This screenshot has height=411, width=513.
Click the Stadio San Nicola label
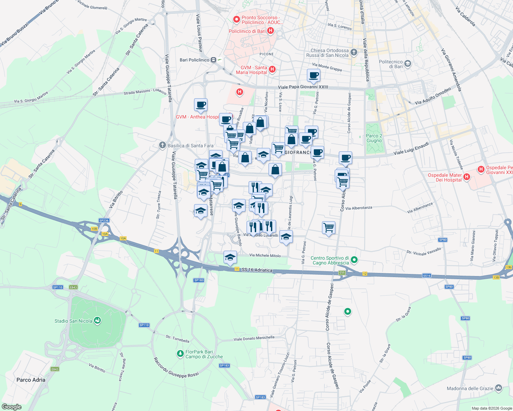tap(73, 321)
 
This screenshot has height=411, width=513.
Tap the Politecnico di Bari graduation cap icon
tap(408, 63)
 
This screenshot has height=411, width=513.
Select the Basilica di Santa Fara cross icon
tap(163, 145)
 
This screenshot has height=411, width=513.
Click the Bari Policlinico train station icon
tap(214, 60)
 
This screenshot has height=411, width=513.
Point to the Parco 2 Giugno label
tap(374, 138)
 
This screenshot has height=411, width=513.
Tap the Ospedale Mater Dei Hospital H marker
tap(466, 177)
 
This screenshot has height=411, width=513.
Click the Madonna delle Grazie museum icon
tap(499, 388)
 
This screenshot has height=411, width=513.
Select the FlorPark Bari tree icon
tap(180, 353)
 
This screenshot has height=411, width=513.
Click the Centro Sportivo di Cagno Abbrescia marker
tap(355, 260)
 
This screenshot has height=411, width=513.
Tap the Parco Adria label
tap(31, 379)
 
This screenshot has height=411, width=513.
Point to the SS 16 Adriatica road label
tap(257, 270)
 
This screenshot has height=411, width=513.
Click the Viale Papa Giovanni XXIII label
tap(303, 87)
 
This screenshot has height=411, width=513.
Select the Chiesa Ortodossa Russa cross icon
tap(354, 52)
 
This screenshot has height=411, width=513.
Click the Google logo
tap(12, 407)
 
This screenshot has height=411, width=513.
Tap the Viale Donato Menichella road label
tap(254, 338)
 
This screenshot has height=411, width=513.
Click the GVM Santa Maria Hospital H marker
tap(272, 70)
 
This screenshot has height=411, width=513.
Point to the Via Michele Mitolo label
tap(265, 256)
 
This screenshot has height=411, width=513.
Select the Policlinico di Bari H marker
tap(270, 31)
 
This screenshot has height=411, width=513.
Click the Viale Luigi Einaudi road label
tap(411, 149)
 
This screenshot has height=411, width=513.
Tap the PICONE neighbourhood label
tap(266, 54)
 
